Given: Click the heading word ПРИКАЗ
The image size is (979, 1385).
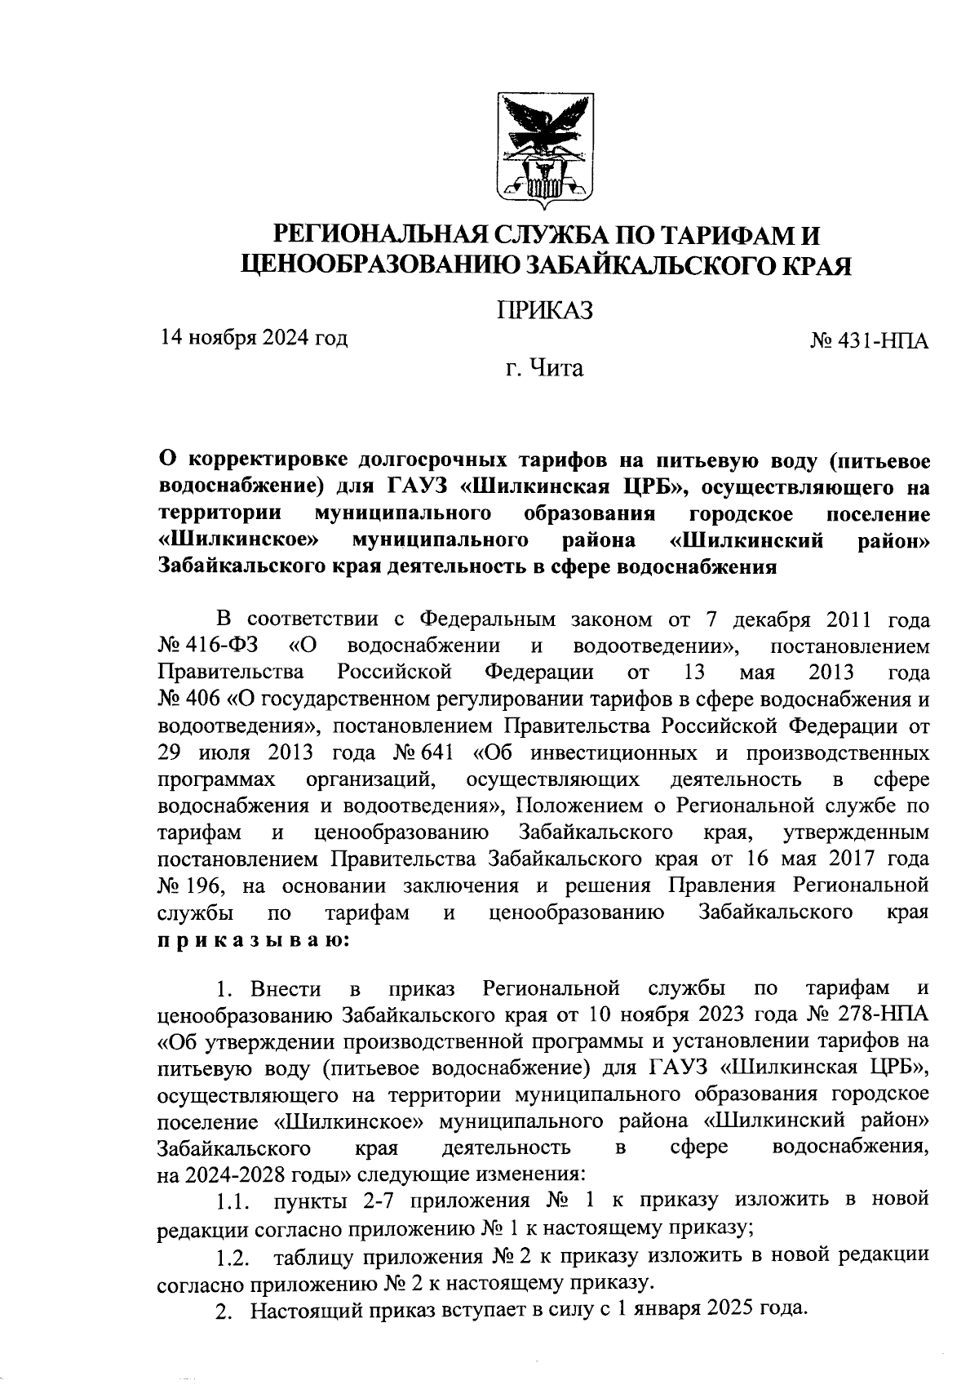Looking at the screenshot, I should (545, 310).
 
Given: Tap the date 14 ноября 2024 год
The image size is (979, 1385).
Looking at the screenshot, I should (254, 337).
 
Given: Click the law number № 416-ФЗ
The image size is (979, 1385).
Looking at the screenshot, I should (208, 646).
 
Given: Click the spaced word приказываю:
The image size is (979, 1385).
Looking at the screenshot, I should (253, 939).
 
